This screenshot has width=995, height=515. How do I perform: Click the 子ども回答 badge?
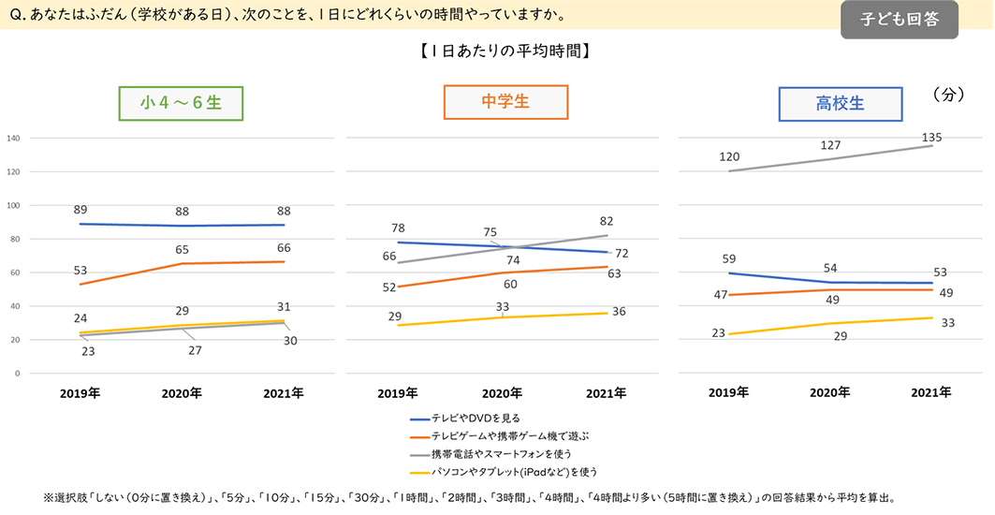tap(899, 19)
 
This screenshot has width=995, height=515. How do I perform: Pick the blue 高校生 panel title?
tap(840, 104)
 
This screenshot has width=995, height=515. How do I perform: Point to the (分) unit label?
tap(947, 95)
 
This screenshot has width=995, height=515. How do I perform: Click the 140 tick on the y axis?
tap(13, 139)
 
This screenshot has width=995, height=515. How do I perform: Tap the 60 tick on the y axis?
tap(15, 272)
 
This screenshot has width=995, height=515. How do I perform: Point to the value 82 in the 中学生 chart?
tap(606, 221)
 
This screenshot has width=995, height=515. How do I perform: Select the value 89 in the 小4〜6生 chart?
tap(80, 210)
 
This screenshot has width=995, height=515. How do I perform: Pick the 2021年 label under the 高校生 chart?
tap(931, 393)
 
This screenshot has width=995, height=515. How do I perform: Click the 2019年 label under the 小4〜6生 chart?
tap(80, 394)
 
